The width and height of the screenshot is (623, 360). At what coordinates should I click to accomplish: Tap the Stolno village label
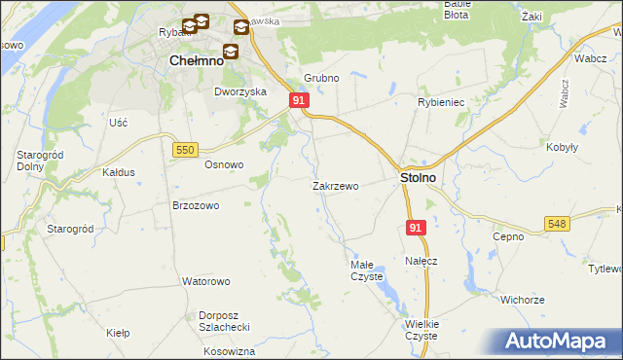[418, 179]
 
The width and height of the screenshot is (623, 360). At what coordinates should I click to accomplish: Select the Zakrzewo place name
[336, 185]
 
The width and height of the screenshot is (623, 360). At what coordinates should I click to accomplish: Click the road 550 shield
[185, 148]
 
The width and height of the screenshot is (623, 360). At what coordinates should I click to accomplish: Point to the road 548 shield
[556, 224]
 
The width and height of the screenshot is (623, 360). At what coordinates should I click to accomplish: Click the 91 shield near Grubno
[300, 100]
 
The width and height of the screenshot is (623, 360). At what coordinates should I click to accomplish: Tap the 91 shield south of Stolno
[416, 228]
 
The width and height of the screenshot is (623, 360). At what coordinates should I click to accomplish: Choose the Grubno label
[320, 78]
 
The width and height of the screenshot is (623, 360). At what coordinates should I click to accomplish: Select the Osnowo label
[223, 164]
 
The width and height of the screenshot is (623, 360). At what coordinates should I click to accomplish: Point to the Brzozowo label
[196, 205]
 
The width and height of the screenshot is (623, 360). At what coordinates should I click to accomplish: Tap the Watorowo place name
[205, 281]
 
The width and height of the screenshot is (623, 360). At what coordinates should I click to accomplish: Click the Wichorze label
[523, 300]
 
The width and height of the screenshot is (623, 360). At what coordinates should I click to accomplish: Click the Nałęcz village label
[421, 261]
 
